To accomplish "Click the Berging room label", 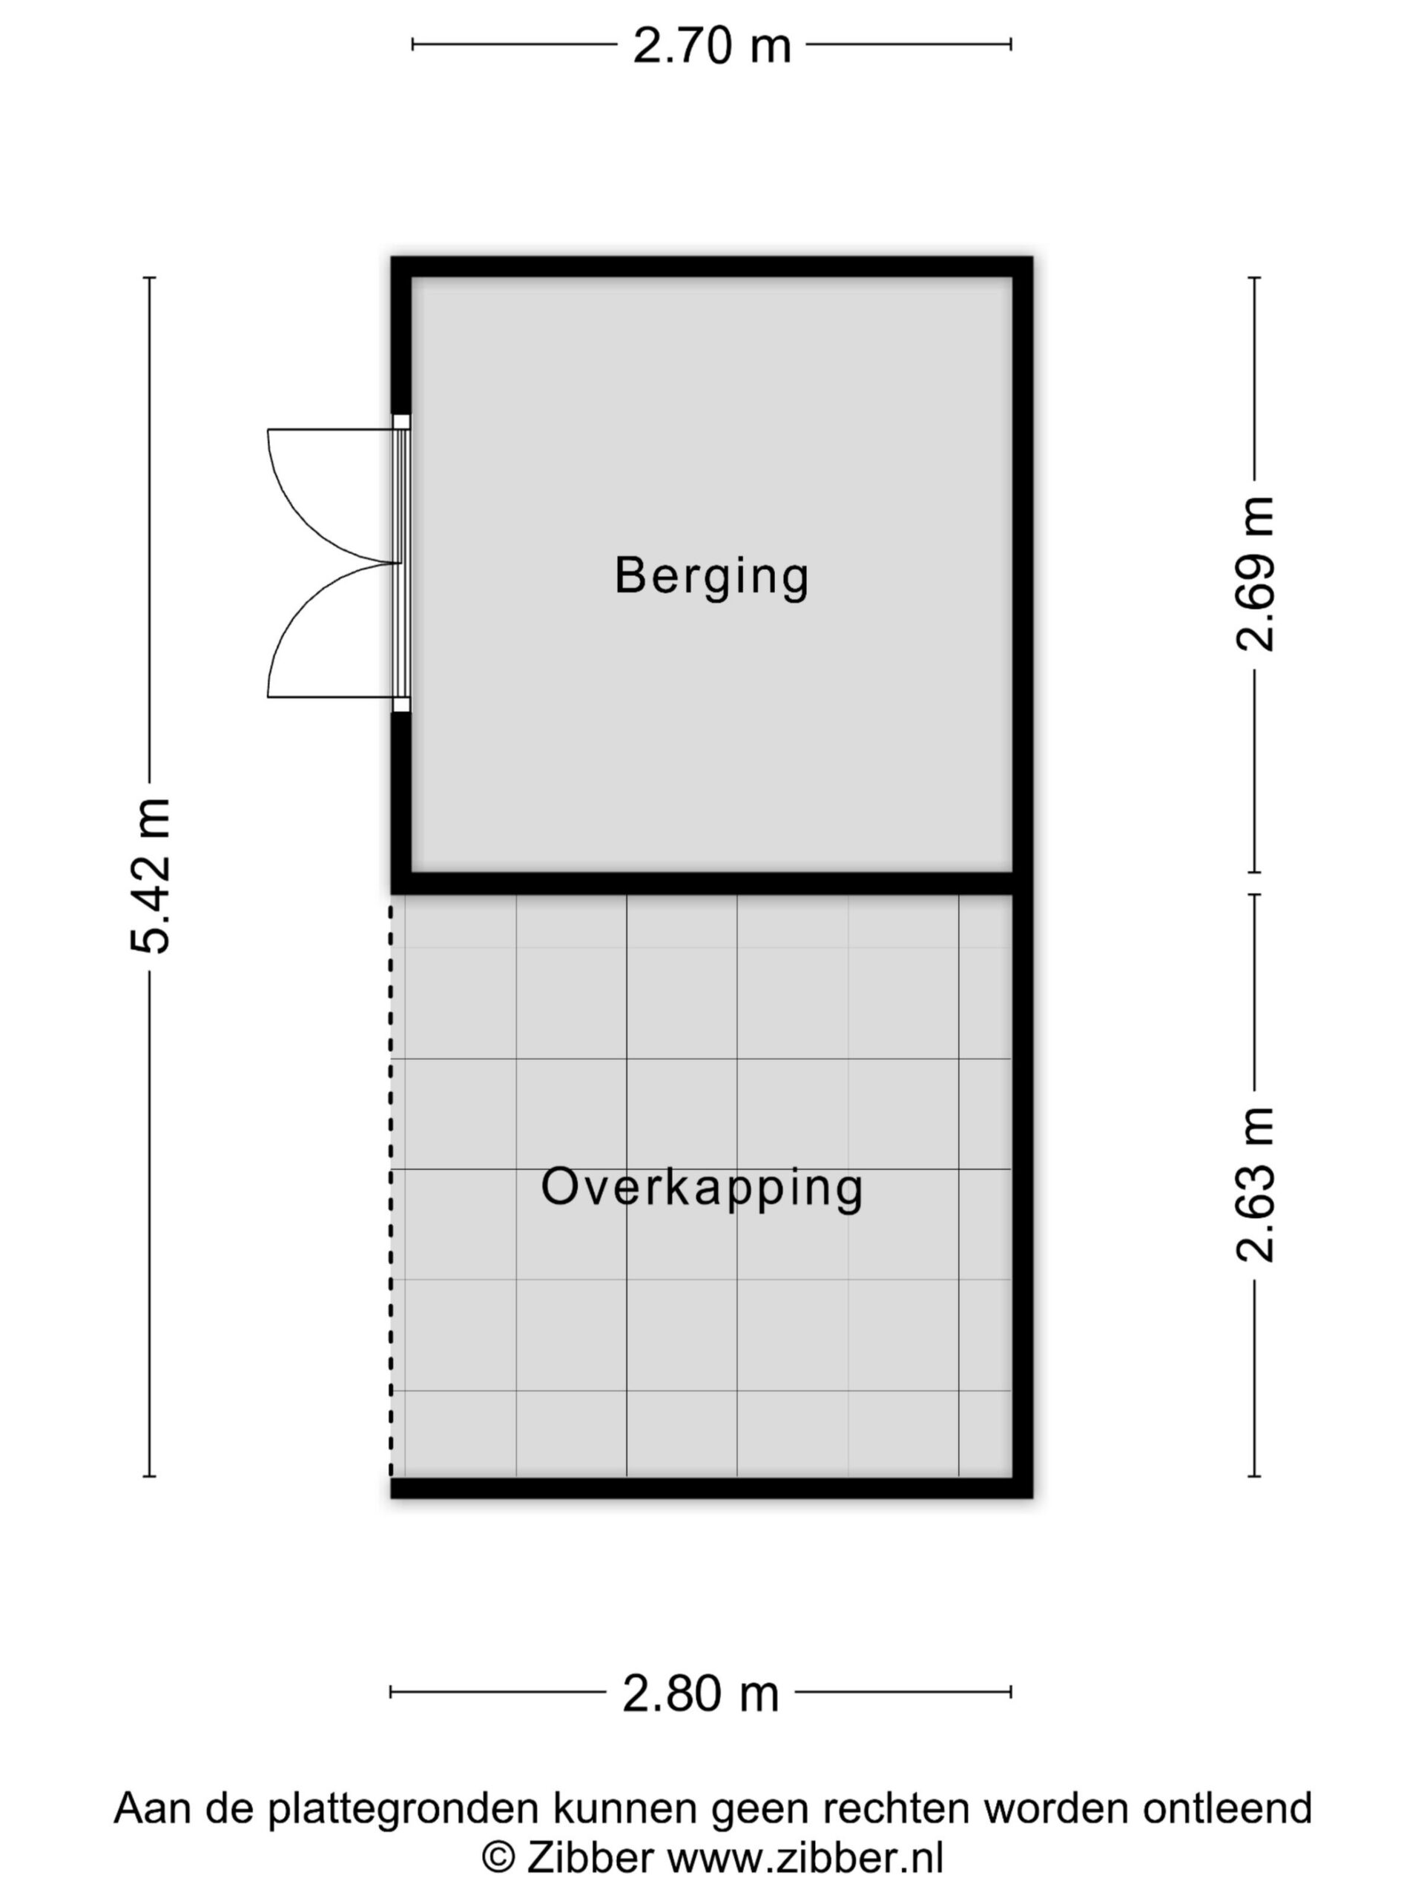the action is coord(711,577).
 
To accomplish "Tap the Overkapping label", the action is coord(702,1189).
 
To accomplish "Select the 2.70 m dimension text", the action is coord(711,45).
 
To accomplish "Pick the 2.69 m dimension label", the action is coord(1255,574).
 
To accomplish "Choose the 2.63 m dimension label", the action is coord(1255,1185).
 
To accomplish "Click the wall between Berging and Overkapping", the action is coord(702,884).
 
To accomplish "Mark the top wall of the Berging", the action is coord(711,266).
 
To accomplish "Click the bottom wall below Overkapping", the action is coord(711,1488).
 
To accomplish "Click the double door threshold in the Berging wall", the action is coord(400,563).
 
